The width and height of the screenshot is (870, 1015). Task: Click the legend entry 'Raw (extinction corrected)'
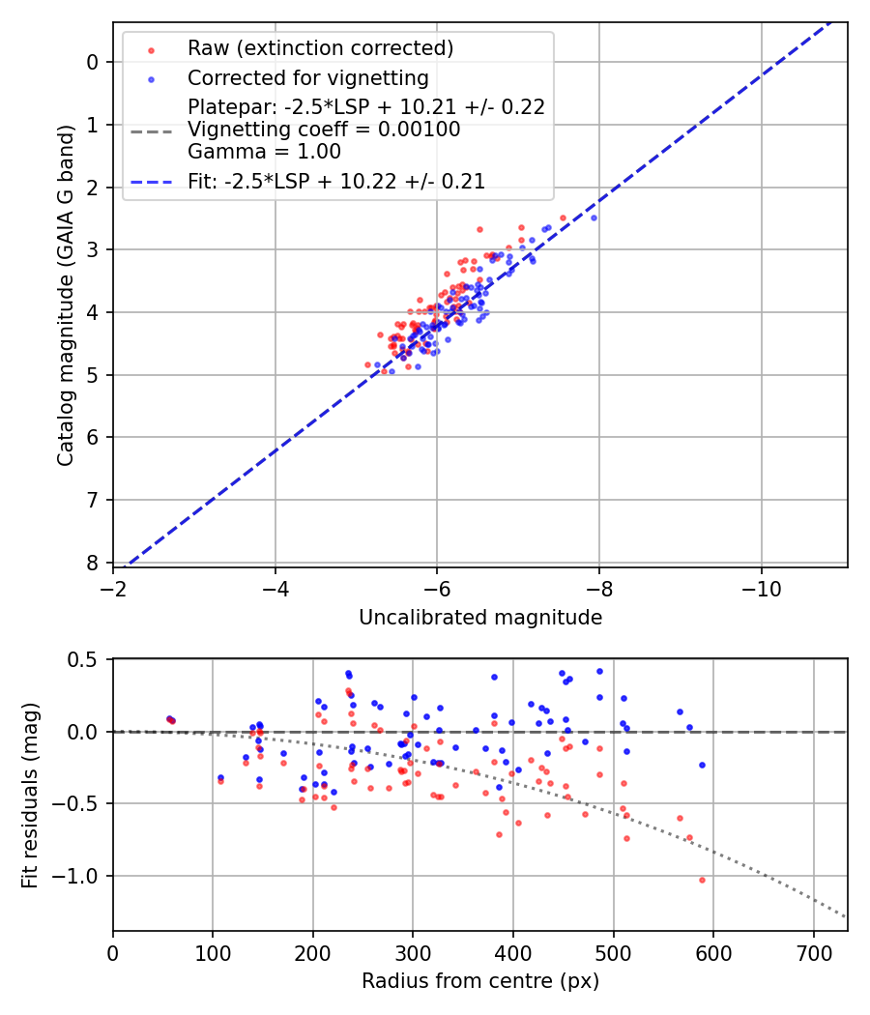pyautogui.click(x=320, y=48)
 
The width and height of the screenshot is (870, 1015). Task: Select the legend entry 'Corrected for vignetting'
pyautogui.click(x=307, y=77)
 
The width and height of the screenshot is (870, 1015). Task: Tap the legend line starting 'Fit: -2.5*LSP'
pyautogui.click(x=336, y=181)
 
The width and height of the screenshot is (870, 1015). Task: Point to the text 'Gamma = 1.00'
pyautogui.click(x=264, y=151)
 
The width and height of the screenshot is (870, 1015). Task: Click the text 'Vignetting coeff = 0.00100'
pyautogui.click(x=324, y=130)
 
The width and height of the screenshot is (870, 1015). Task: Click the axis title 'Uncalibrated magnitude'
pyautogui.click(x=480, y=618)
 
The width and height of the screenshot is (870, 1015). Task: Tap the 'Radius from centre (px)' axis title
pyautogui.click(x=480, y=981)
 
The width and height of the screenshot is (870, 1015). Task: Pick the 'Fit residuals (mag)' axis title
pyautogui.click(x=30, y=795)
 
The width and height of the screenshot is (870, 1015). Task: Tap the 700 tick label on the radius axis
pyautogui.click(x=813, y=951)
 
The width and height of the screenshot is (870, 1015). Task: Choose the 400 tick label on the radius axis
pyautogui.click(x=513, y=951)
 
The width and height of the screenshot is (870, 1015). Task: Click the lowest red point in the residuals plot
pyautogui.click(x=702, y=880)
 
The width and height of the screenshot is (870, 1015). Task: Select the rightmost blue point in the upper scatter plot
pyautogui.click(x=594, y=217)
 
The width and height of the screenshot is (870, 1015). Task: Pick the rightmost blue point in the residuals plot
pyautogui.click(x=702, y=765)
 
